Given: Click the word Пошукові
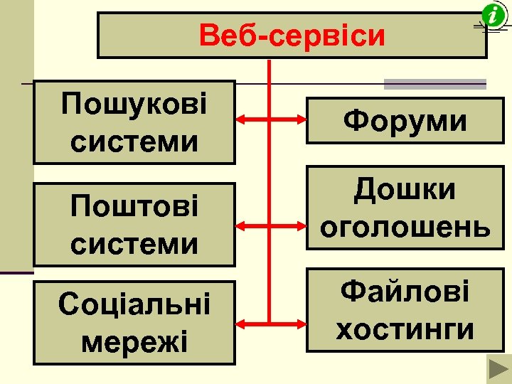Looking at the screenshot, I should click(x=134, y=105).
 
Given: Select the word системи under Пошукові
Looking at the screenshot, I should click(x=134, y=141).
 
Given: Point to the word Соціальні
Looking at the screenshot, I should click(x=134, y=304).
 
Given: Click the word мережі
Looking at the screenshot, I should click(x=134, y=341).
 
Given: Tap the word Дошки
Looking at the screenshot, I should click(x=405, y=190).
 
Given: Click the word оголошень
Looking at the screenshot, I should click(x=405, y=227).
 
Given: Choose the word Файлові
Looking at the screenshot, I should click(x=405, y=292).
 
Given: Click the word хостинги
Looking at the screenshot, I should click(x=405, y=329).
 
